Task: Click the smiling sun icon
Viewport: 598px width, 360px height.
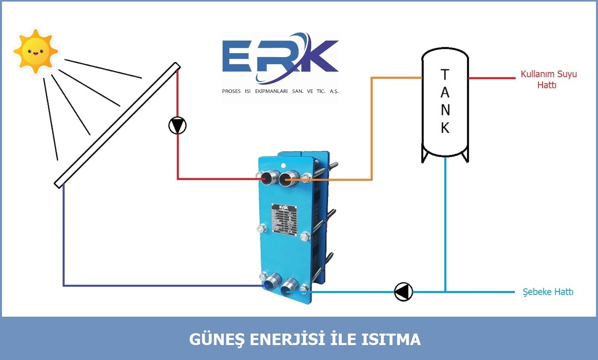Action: point(35,51)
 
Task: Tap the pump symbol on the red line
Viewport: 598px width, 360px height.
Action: point(177,126)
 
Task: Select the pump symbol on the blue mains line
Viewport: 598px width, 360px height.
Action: point(403,292)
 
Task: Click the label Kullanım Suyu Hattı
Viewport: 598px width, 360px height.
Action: point(548,79)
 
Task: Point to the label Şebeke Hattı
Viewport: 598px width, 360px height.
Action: point(548,292)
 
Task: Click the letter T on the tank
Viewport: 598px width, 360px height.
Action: point(445,74)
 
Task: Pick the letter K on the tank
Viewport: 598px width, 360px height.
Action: point(445,128)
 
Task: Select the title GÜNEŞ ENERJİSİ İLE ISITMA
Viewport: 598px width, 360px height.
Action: point(305,340)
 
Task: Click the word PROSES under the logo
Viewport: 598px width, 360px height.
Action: point(231,91)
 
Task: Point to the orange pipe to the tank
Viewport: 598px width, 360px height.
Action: point(372,130)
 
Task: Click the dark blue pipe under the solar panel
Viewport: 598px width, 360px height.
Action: point(63,236)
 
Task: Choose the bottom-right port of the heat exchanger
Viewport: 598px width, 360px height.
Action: point(290,286)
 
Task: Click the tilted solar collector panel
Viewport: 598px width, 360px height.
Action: point(117,125)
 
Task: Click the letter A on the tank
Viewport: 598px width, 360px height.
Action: point(445,93)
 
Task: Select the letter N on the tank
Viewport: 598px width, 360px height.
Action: point(445,110)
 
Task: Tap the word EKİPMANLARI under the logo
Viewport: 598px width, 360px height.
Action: point(271,91)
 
